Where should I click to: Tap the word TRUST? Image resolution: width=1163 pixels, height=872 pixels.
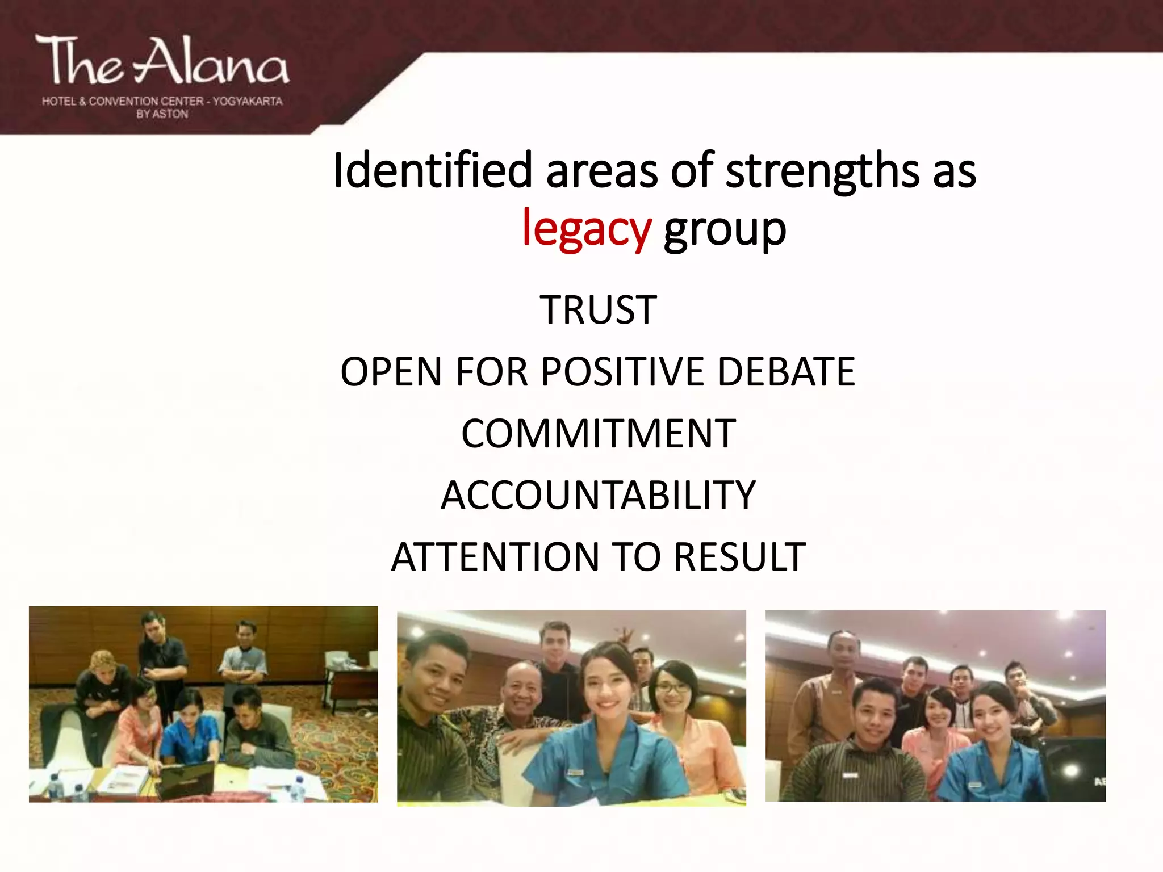[x=598, y=310]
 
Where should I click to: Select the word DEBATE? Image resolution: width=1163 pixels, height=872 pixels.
[x=786, y=372]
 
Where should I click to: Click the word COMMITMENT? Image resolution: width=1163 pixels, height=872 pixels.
[x=598, y=434]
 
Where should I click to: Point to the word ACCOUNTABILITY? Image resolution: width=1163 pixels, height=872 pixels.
[x=598, y=495]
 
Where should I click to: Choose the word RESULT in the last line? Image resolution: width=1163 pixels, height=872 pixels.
[x=739, y=556]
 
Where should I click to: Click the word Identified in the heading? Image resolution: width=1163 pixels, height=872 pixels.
[x=432, y=170]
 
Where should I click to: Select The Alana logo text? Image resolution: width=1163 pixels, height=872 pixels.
[x=162, y=61]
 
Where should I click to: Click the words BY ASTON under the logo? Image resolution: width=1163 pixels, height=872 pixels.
[x=162, y=114]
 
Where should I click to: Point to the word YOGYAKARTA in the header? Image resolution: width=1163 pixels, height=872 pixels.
[x=248, y=101]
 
